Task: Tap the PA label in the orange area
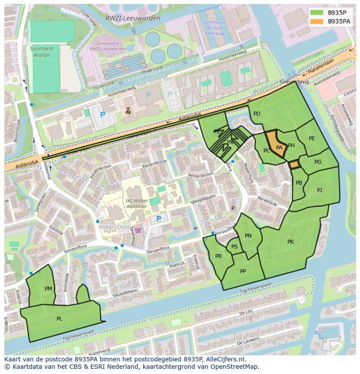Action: point(279,148)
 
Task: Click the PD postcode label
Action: point(257,114)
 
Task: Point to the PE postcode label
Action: point(312,139)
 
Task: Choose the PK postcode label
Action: point(290,242)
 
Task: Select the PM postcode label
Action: point(48,288)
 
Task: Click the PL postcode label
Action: point(59,318)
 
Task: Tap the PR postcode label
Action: point(218,256)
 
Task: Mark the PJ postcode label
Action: point(320,190)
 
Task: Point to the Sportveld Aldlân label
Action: point(40,52)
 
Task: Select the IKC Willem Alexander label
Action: point(136,204)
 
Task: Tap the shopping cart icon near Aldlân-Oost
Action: point(138,230)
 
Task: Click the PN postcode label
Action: point(248,236)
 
